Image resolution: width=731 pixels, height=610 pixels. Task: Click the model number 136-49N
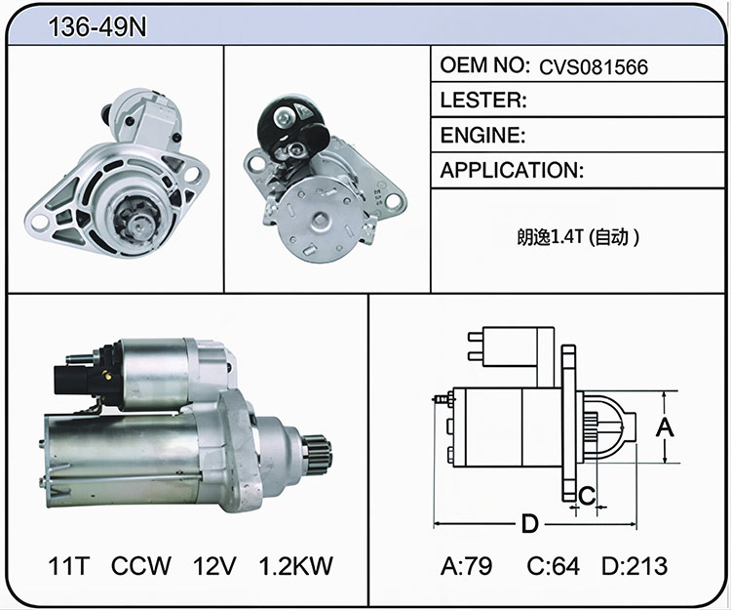tap(97, 26)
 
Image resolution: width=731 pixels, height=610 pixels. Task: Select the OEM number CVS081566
tap(594, 67)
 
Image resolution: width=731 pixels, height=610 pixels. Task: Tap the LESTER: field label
tap(483, 100)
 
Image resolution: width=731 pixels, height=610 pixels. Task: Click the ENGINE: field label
tap(483, 135)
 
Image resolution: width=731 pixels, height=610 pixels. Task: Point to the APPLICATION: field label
tap(512, 171)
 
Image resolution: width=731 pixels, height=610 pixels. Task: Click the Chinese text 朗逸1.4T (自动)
tap(578, 237)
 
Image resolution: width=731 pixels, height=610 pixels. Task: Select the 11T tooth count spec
tap(68, 566)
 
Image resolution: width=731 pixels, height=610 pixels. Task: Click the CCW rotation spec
tap(141, 566)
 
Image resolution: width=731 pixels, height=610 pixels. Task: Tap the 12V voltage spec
tap(214, 566)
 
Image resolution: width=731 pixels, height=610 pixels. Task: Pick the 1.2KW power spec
tap(296, 566)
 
